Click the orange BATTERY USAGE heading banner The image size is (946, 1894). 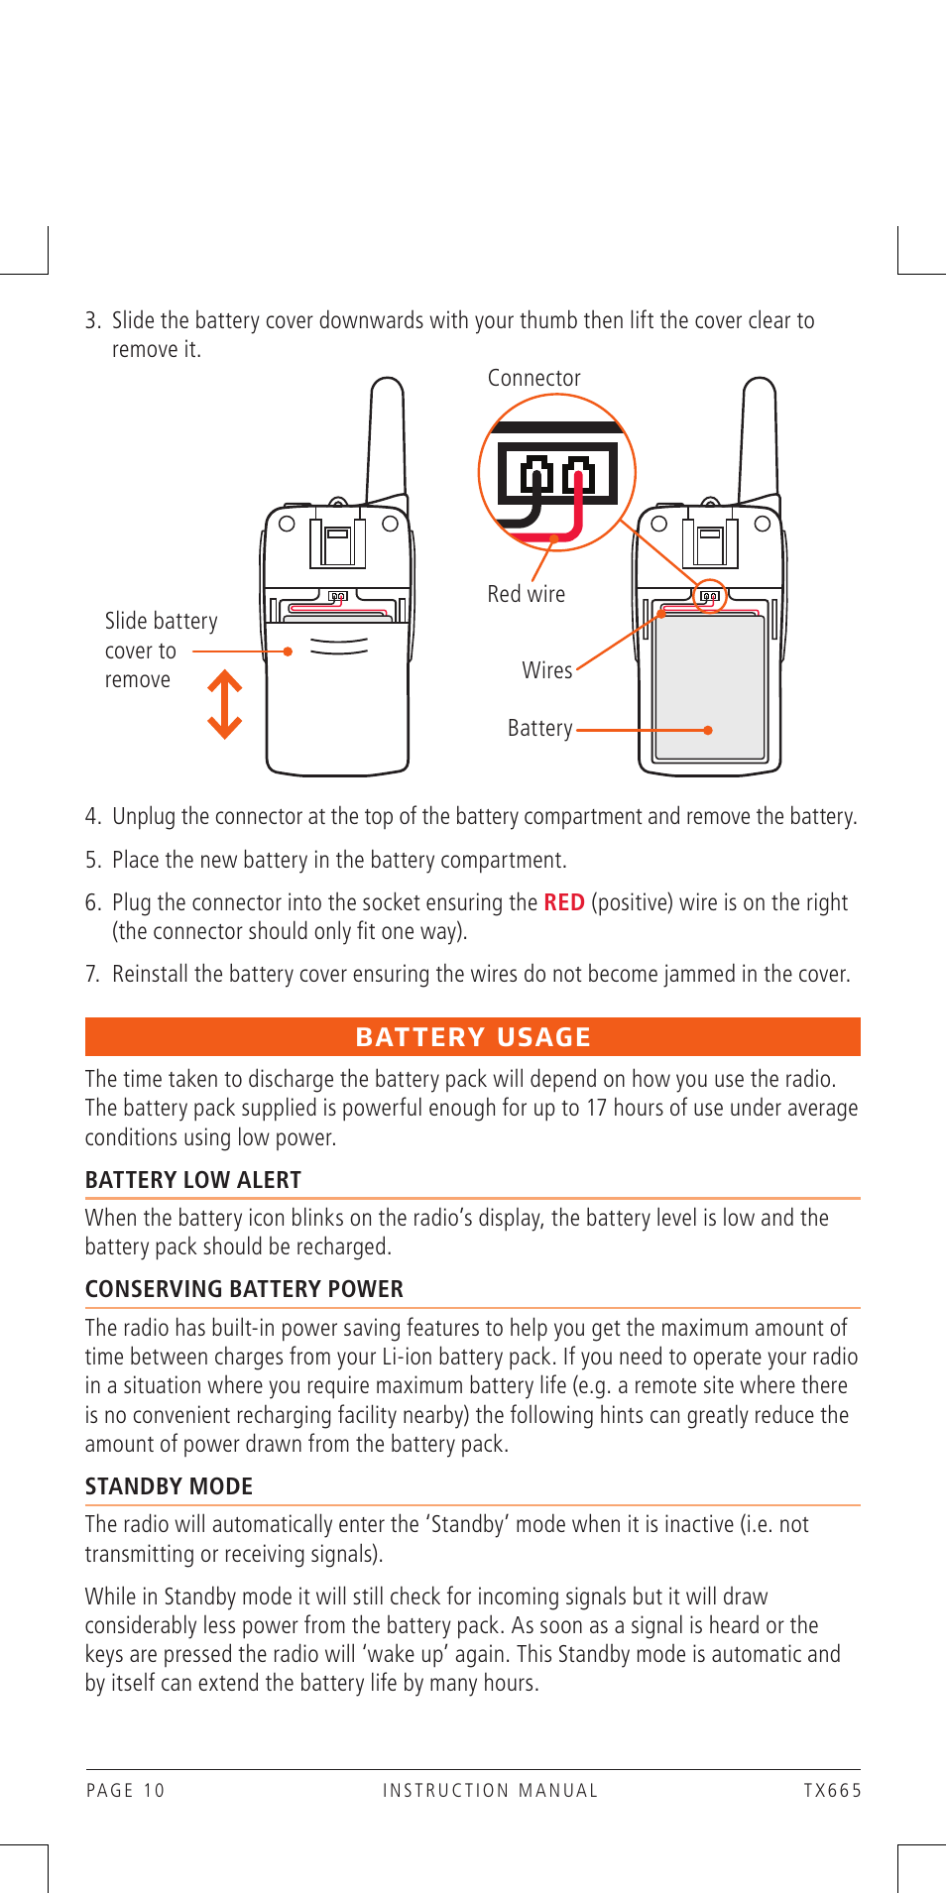click(x=473, y=1036)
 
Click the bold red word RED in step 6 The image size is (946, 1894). click(x=563, y=902)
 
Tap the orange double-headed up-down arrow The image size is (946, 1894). click(x=225, y=704)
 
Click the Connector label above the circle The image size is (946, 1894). click(x=533, y=378)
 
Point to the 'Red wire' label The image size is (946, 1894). click(x=526, y=594)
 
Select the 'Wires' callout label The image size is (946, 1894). click(x=546, y=670)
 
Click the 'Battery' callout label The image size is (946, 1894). click(x=539, y=728)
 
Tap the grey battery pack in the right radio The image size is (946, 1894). click(x=710, y=684)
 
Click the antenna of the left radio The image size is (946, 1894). click(x=386, y=436)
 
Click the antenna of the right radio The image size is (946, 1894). click(x=759, y=436)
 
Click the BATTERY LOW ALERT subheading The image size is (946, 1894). click(x=193, y=1180)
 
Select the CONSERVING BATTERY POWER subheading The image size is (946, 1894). click(x=244, y=1289)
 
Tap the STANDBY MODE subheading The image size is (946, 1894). click(x=169, y=1486)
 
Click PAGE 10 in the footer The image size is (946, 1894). click(x=126, y=1790)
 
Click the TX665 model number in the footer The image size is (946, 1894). click(x=832, y=1790)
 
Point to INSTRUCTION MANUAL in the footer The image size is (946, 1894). click(x=491, y=1790)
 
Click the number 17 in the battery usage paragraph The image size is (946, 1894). click(x=596, y=1108)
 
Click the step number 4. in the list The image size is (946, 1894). click(x=93, y=816)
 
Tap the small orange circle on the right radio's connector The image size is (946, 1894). click(x=710, y=596)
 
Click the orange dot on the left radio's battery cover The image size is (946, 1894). click(x=288, y=651)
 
